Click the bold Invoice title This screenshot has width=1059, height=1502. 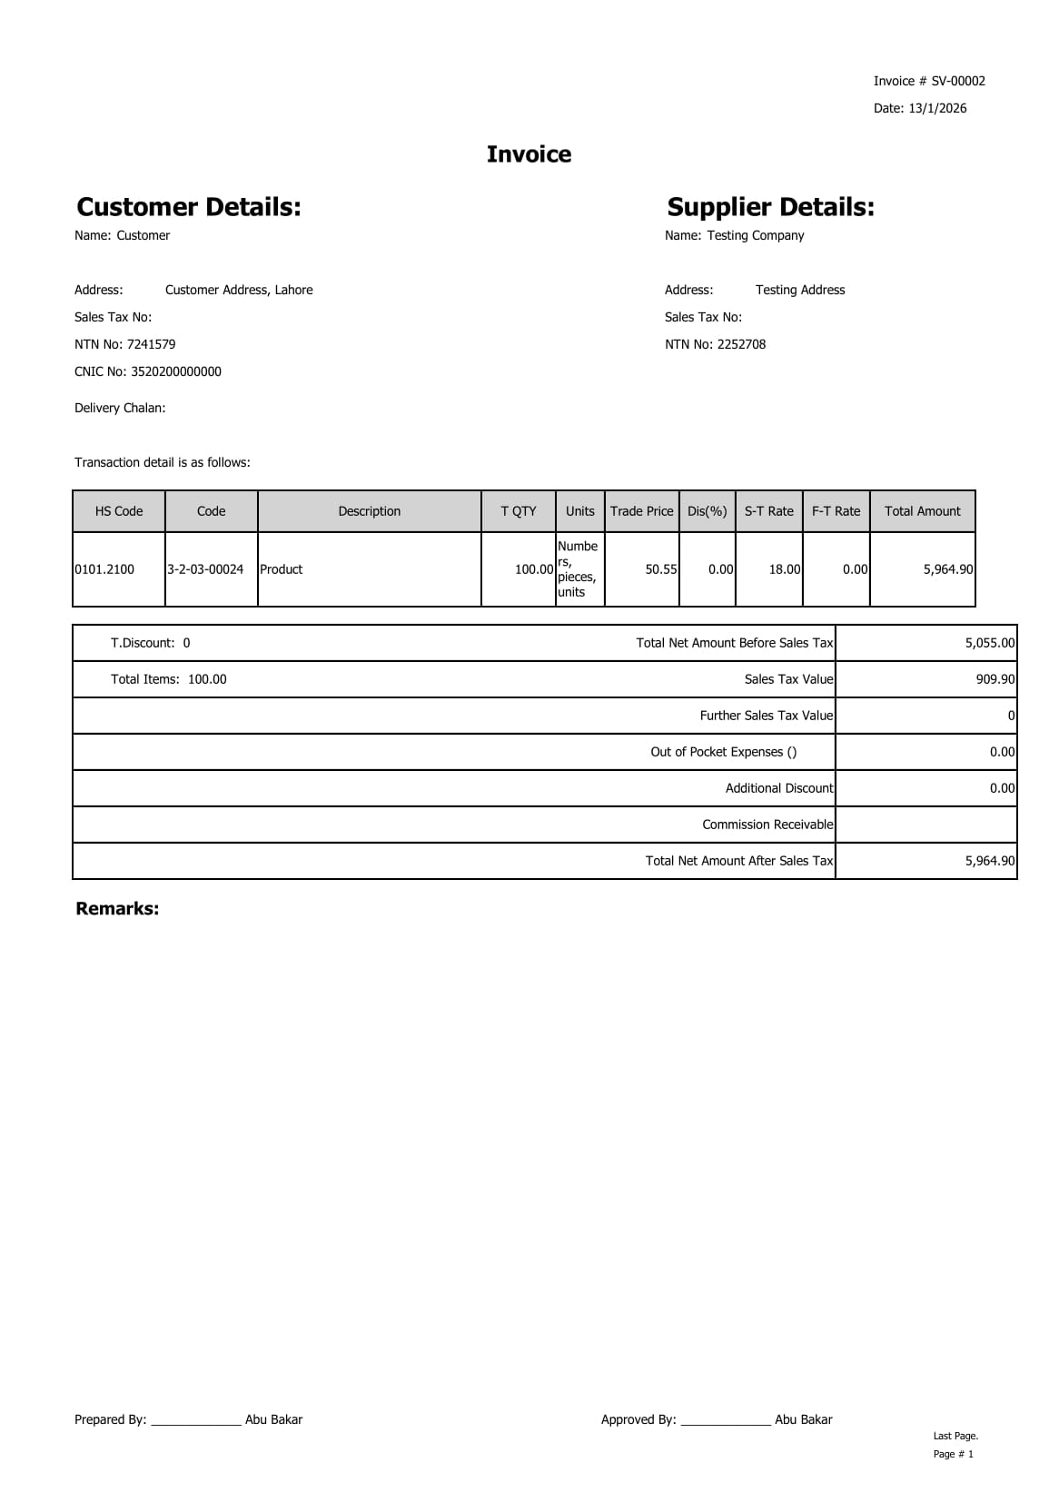[529, 154]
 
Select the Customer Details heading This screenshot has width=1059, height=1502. [189, 207]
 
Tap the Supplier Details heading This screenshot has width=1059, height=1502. [770, 207]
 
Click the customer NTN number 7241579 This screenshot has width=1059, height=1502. [151, 344]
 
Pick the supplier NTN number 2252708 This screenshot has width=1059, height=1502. [741, 344]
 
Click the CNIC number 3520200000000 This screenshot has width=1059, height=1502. [176, 371]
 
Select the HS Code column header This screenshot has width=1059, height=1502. [119, 511]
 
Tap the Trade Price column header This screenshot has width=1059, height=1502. [641, 511]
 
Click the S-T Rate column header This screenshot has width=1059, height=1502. [768, 511]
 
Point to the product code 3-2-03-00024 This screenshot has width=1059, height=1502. [205, 569]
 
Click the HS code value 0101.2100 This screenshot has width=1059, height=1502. [104, 569]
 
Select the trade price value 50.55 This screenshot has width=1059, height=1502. [661, 569]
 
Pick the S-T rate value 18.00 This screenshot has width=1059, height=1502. [785, 569]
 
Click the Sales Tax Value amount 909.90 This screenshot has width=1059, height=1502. [995, 679]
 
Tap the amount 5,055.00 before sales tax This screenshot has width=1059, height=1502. [989, 643]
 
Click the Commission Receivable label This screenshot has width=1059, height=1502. [767, 825]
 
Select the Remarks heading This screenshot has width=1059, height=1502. [117, 909]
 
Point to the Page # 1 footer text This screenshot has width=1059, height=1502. [953, 1454]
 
